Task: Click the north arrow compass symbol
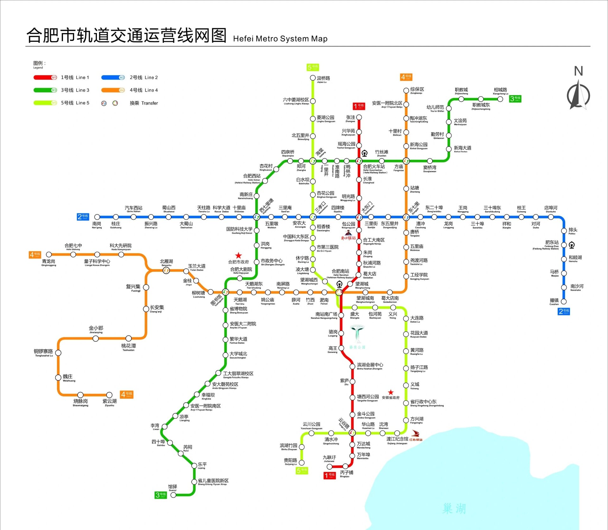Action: pyautogui.click(x=578, y=94)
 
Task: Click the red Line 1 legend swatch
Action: pyautogui.click(x=45, y=77)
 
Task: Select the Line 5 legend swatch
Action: pyautogui.click(x=45, y=103)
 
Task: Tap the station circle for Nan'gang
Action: pyautogui.click(x=97, y=217)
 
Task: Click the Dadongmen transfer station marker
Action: pyautogui.click(x=359, y=217)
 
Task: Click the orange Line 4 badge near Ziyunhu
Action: pyautogui.click(x=127, y=394)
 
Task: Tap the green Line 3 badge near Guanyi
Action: pyautogui.click(x=161, y=495)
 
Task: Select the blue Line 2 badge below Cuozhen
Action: pyautogui.click(x=564, y=311)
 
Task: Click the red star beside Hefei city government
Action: pyautogui.click(x=238, y=255)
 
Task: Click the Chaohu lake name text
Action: pyautogui.click(x=454, y=508)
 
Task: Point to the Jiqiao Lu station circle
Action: pyautogui.click(x=313, y=78)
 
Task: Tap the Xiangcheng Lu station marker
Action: pyautogui.click(x=500, y=99)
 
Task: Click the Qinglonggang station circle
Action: pyautogui.click(x=49, y=254)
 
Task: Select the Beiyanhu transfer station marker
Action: pyautogui.click(x=166, y=270)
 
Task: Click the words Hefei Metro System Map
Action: pyautogui.click(x=280, y=39)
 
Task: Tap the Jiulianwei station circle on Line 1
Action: pyautogui.click(x=329, y=467)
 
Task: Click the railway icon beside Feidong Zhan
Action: pyautogui.click(x=572, y=245)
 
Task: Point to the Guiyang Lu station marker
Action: pyautogui.click(x=302, y=462)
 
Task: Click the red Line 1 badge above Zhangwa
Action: pyautogui.click(x=359, y=106)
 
